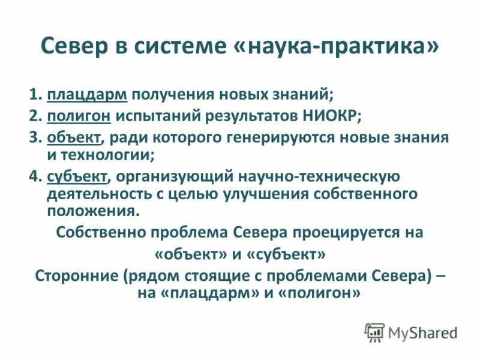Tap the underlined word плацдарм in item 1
pyautogui.click(x=86, y=95)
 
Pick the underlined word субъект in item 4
pyautogui.click(x=77, y=176)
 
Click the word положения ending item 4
pyautogui.click(x=92, y=211)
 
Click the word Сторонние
pyautogui.click(x=76, y=277)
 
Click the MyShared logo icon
pyautogui.click(x=374, y=332)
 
